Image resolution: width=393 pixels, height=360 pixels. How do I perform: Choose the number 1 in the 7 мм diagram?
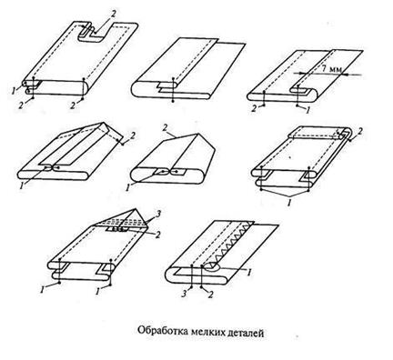[307, 111]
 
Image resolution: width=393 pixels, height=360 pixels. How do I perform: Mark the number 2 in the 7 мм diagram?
[254, 109]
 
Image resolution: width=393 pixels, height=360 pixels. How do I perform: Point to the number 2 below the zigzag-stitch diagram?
[210, 295]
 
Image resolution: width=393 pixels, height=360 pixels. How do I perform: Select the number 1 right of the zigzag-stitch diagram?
[249, 273]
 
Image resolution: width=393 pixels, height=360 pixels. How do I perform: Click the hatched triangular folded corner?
[126, 221]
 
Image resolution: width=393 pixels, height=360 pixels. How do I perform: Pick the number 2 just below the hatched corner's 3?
[157, 235]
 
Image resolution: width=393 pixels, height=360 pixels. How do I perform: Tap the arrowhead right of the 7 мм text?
[346, 74]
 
